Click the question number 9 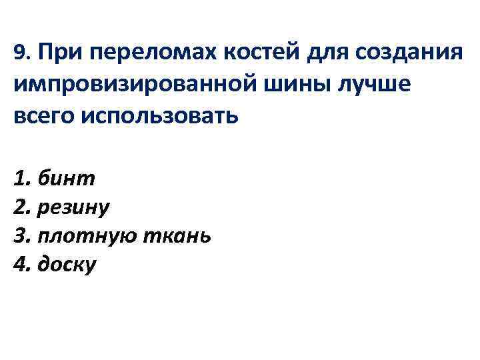click(19, 52)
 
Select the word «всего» click(43, 116)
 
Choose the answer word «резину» click(74, 207)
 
